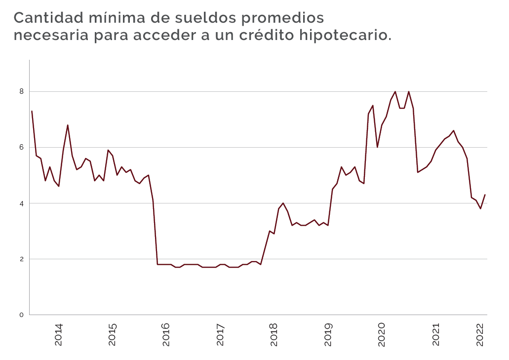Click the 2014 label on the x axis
[x=59, y=334]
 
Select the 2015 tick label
[x=113, y=334]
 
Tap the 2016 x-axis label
[x=166, y=334]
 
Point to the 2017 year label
[x=220, y=334]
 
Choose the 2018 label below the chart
[x=274, y=334]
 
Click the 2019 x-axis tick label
[x=328, y=334]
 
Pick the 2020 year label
[x=382, y=334]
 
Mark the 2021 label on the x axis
[x=436, y=334]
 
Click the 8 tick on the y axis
[x=21, y=91]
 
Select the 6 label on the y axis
[x=21, y=147]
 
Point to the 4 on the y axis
[x=21, y=203]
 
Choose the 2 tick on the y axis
[x=21, y=259]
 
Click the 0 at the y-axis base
[x=21, y=315]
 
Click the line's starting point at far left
[x=32, y=111]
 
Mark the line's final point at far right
[x=485, y=195]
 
